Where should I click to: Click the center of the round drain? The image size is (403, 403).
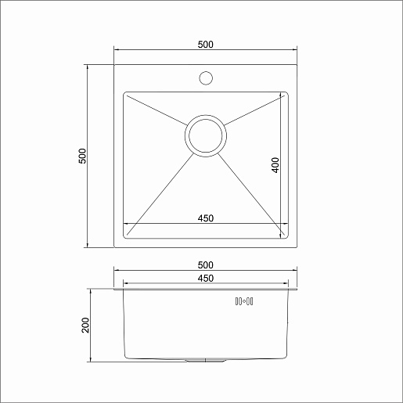(x=206, y=136)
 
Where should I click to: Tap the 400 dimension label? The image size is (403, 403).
(x=275, y=165)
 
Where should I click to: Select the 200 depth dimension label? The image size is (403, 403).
(x=85, y=325)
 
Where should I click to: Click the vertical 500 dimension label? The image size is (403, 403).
(x=82, y=156)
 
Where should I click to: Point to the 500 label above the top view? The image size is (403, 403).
(x=206, y=45)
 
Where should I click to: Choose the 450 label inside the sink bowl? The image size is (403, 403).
(x=206, y=218)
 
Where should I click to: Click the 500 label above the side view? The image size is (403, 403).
(x=206, y=265)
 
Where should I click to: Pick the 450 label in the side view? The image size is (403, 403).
(x=206, y=279)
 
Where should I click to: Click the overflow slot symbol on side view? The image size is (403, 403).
(x=244, y=301)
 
